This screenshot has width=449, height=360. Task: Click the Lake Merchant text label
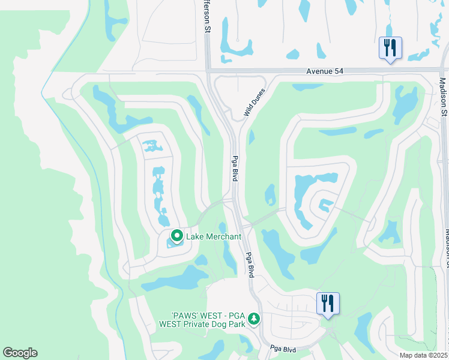tap(214, 236)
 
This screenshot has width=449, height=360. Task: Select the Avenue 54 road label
tap(325, 71)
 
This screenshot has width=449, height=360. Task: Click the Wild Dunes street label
tap(255, 100)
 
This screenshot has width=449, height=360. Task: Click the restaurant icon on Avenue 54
tap(390, 47)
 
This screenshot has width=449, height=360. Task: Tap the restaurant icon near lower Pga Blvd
tap(328, 303)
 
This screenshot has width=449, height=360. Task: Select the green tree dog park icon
tap(255, 318)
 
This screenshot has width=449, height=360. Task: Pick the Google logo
tap(20, 353)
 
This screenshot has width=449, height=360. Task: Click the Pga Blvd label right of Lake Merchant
tap(249, 263)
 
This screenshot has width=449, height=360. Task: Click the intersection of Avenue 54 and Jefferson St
tap(208, 71)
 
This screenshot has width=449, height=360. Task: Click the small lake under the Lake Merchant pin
tap(173, 242)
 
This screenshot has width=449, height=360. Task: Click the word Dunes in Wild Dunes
tap(259, 93)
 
